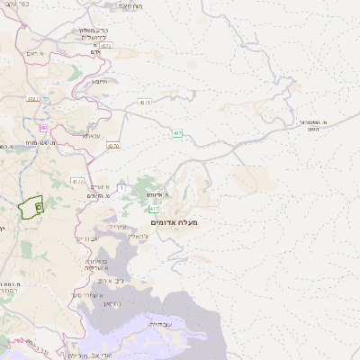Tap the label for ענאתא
click(91, 135)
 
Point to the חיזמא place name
click(99, 81)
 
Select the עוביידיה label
click(160, 323)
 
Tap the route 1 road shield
click(121, 186)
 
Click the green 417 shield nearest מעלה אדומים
click(154, 208)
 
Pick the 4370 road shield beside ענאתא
click(112, 145)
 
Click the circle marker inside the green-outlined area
click(39, 207)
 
